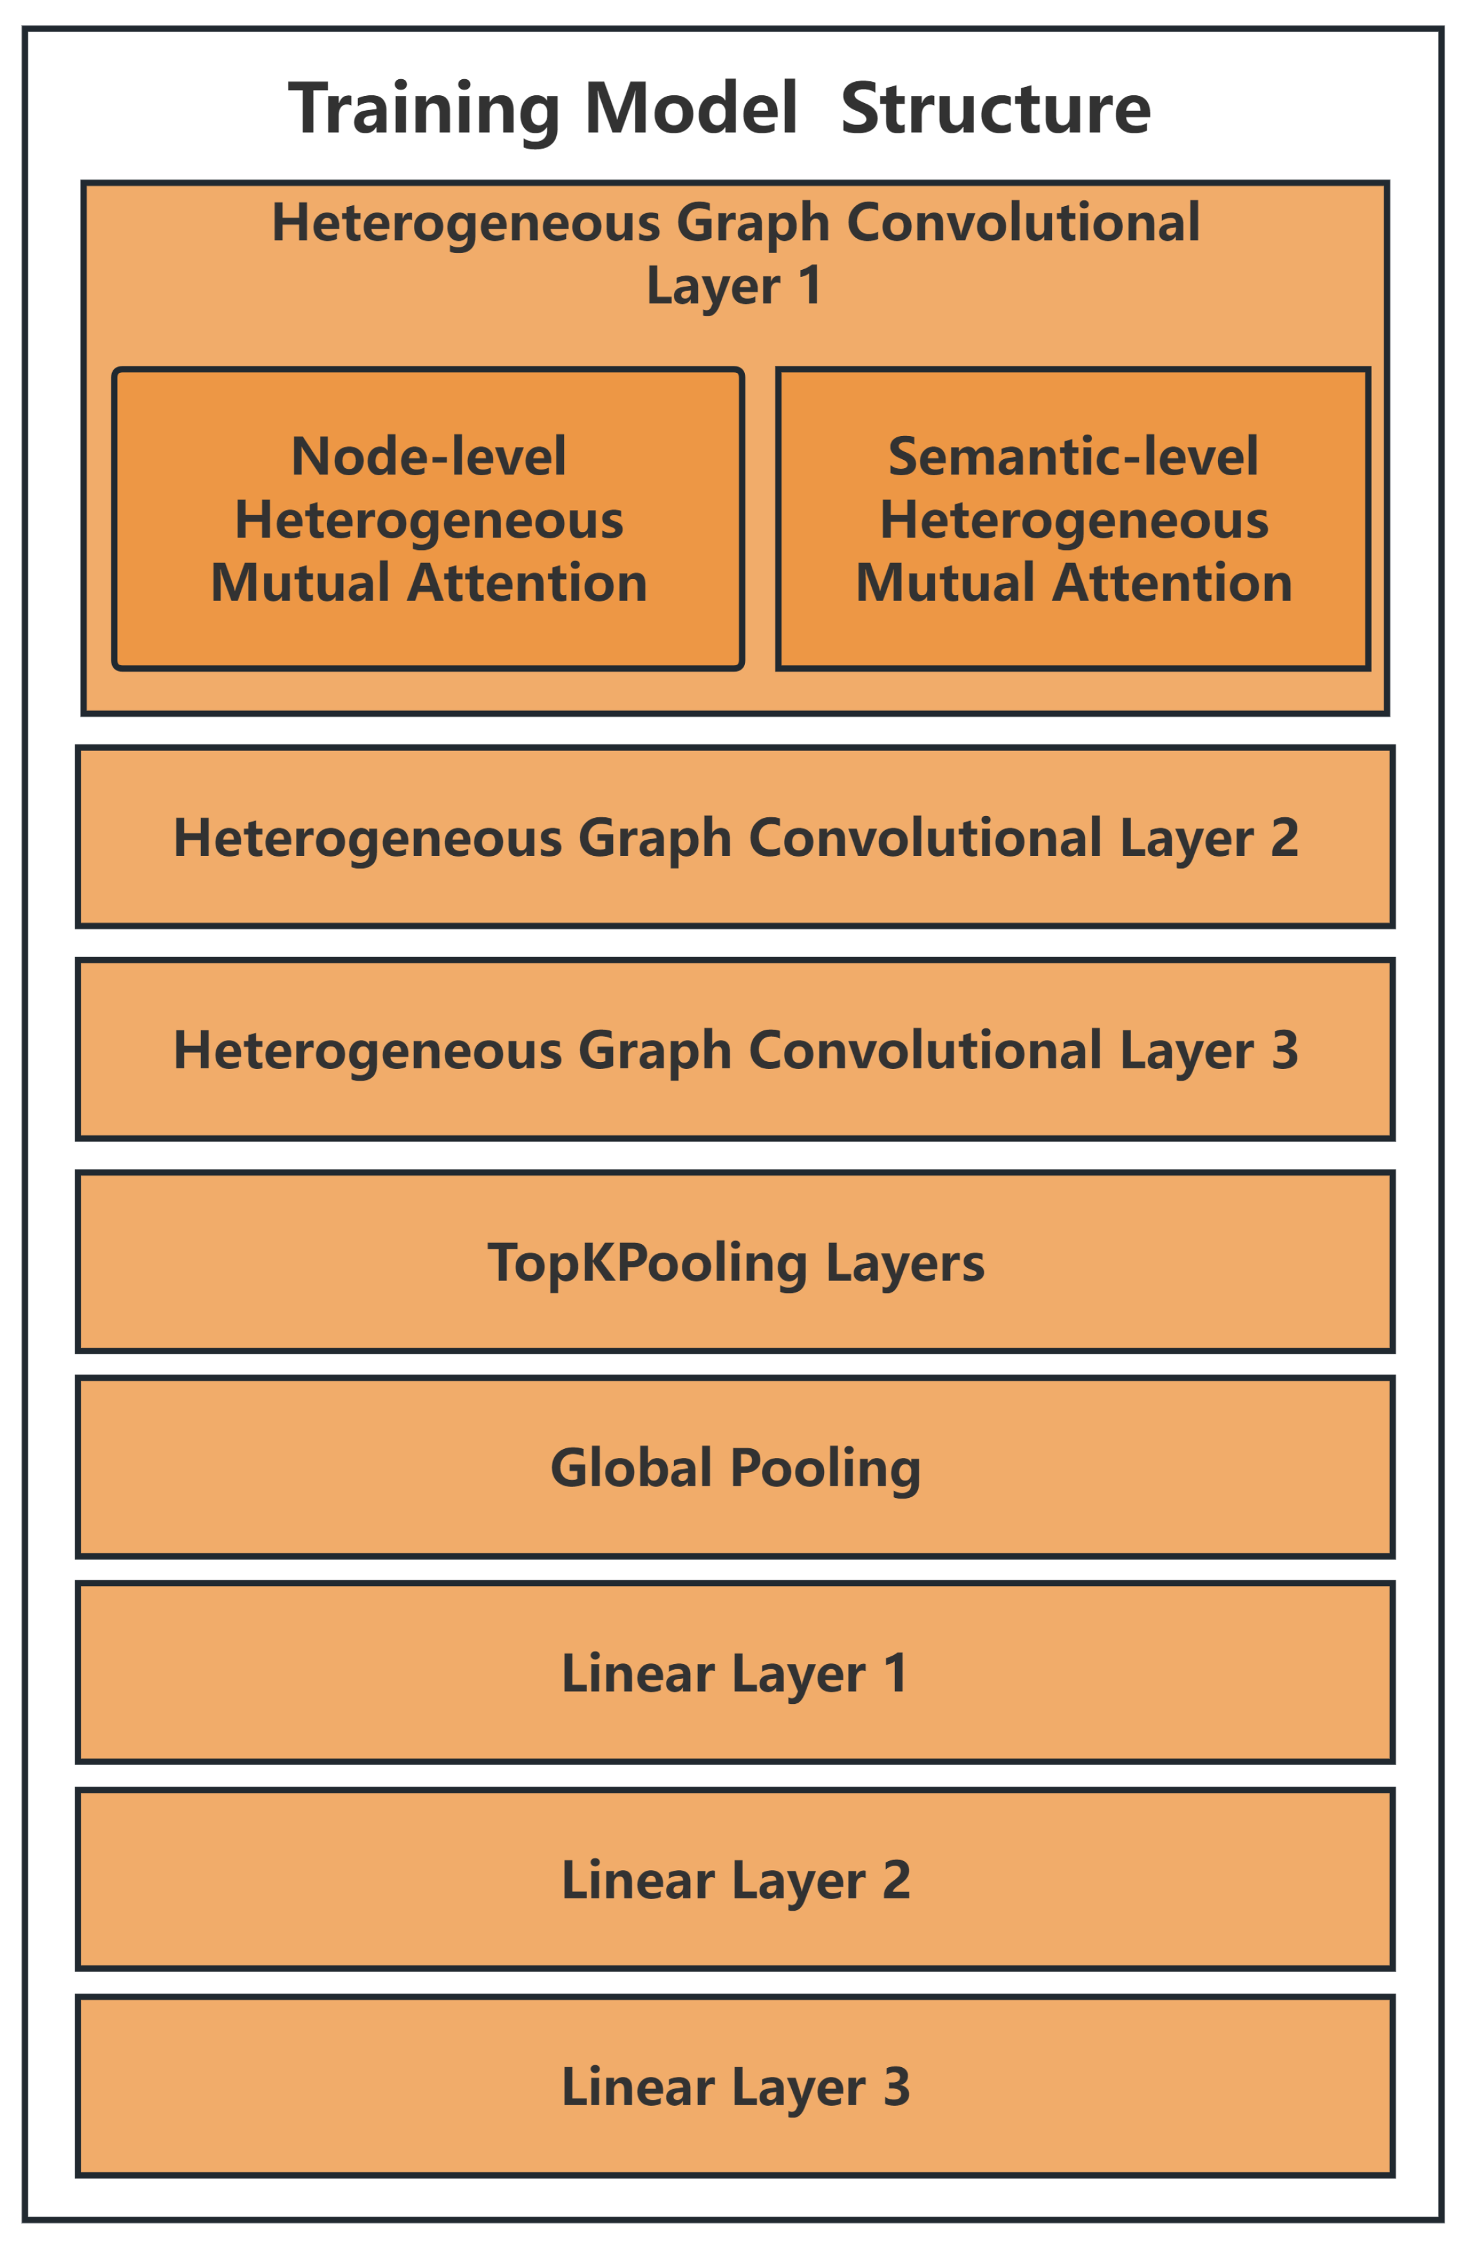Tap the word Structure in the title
[x=995, y=109]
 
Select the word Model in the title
[x=691, y=109]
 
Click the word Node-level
[x=429, y=457]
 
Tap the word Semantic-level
[x=1073, y=457]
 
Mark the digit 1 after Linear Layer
[x=895, y=1674]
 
